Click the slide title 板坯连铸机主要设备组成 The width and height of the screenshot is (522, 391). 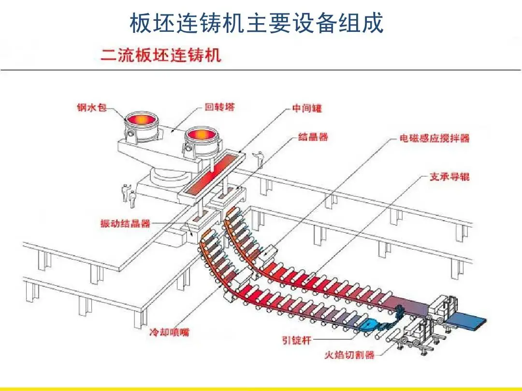click(257, 23)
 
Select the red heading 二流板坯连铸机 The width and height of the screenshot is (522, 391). click(160, 54)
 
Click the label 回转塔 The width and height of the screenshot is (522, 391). click(219, 107)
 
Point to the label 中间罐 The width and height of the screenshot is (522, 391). click(307, 109)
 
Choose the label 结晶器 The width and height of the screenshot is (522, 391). click(313, 137)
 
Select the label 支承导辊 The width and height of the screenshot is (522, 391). click(449, 177)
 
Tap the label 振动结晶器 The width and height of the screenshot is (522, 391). click(125, 223)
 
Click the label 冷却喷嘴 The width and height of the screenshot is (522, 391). click(170, 332)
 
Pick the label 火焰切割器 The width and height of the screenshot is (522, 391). click(349, 355)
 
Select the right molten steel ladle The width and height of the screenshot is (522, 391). click(201, 137)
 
